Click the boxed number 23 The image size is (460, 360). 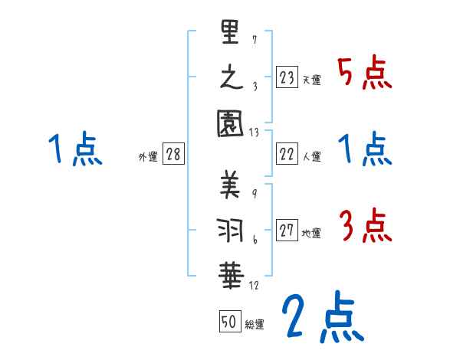click(x=287, y=77)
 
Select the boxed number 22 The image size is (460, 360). click(x=287, y=154)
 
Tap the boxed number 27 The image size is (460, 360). click(x=287, y=231)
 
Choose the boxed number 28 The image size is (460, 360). click(x=173, y=154)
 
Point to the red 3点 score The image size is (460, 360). click(x=365, y=226)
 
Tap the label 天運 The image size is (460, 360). click(x=312, y=80)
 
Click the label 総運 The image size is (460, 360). click(x=255, y=325)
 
